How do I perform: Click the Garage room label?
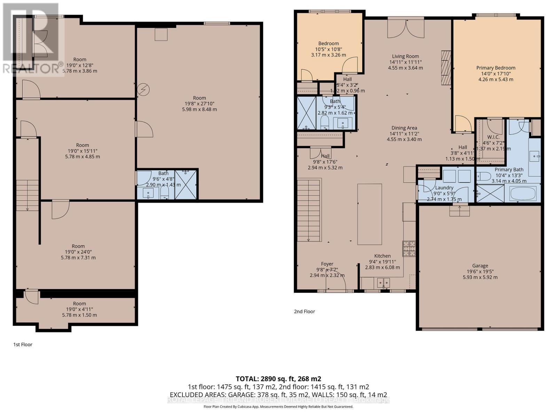pos(480,265)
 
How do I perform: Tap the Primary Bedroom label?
pos(496,68)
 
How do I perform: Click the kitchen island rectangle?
pos(369,214)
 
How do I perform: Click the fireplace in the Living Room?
pos(446,68)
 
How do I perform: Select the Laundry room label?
pos(444,188)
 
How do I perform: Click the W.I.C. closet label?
pos(493,137)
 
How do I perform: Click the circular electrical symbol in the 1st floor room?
pos(143,90)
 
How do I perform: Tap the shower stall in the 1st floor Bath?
pos(186,185)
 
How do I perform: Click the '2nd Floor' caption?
pos(304,311)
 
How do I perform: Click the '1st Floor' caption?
pos(23,345)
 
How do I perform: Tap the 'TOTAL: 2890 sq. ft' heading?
pos(278,379)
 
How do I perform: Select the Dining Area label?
pos(404,128)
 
